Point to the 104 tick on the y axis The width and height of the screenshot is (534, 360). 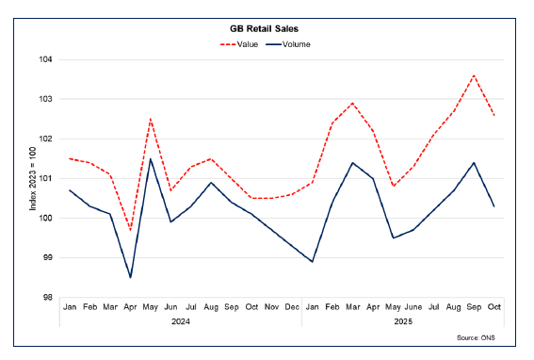[44, 59]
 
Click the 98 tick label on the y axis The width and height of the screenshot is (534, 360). [46, 297]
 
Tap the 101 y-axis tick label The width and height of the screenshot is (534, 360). [44, 178]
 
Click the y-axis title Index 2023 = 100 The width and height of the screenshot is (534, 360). [31, 178]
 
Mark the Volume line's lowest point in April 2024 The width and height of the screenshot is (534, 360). [130, 277]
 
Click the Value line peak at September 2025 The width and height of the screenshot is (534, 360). [474, 75]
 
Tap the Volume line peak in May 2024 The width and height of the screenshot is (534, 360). [151, 158]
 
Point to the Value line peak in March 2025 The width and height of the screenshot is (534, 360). [352, 104]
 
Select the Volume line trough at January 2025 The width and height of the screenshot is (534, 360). [312, 261]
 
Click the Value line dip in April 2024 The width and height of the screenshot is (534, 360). [130, 230]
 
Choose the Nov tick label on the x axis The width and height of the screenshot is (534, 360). [272, 307]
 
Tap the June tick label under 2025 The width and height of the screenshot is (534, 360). [413, 307]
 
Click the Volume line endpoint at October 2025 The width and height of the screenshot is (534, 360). [494, 206]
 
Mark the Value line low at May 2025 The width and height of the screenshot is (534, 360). [393, 186]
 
